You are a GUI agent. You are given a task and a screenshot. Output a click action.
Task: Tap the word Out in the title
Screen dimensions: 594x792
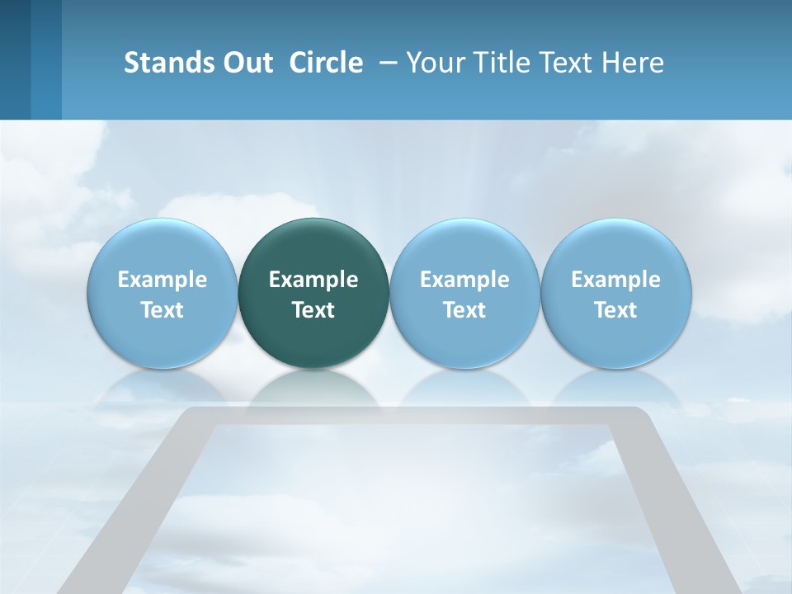pyautogui.click(x=245, y=63)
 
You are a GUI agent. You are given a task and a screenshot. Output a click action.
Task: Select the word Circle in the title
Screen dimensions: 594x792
pyautogui.click(x=326, y=63)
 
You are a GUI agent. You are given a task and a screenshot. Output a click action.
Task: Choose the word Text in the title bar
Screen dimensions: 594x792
pyautogui.click(x=568, y=63)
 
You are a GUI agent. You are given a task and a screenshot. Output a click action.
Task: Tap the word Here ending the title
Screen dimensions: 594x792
pyautogui.click(x=633, y=63)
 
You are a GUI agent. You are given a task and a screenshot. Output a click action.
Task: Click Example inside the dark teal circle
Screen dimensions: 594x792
pyautogui.click(x=313, y=280)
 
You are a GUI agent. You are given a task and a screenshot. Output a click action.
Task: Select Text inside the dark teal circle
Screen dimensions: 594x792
pyautogui.click(x=313, y=310)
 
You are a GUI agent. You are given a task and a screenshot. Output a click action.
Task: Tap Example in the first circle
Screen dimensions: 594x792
pyautogui.click(x=162, y=280)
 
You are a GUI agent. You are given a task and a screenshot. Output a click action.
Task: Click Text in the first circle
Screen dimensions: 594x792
pyautogui.click(x=162, y=310)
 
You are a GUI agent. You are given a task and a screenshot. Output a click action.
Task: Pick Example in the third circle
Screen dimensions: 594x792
pyautogui.click(x=464, y=280)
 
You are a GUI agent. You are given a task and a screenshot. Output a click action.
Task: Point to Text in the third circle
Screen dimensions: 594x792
pyautogui.click(x=464, y=310)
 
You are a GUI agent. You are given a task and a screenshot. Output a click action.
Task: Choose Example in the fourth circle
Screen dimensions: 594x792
pyautogui.click(x=615, y=280)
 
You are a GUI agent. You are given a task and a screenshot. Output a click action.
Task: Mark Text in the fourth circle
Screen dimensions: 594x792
pyautogui.click(x=615, y=310)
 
